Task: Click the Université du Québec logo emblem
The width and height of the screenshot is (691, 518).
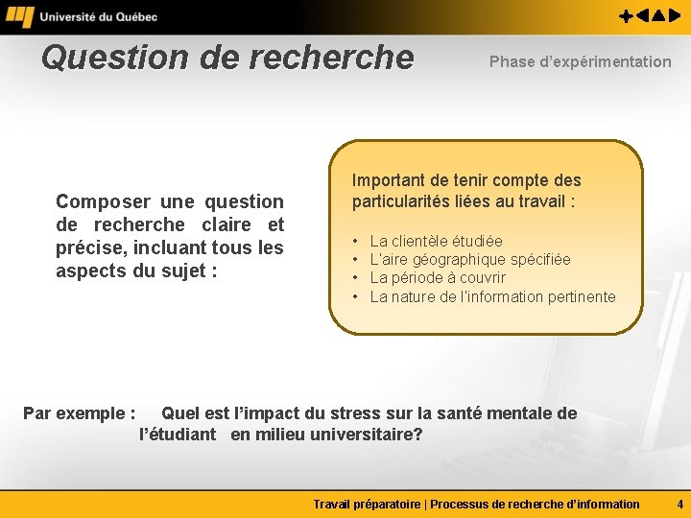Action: [19, 16]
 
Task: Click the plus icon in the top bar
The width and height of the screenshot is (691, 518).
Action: [625, 16]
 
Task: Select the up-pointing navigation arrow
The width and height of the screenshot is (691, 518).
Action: [661, 16]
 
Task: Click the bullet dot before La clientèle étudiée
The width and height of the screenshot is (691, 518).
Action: [355, 242]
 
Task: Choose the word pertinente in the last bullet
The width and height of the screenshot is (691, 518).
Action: [582, 297]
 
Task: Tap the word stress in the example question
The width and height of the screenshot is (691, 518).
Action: [354, 414]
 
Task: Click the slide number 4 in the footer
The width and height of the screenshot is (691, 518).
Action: [679, 504]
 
